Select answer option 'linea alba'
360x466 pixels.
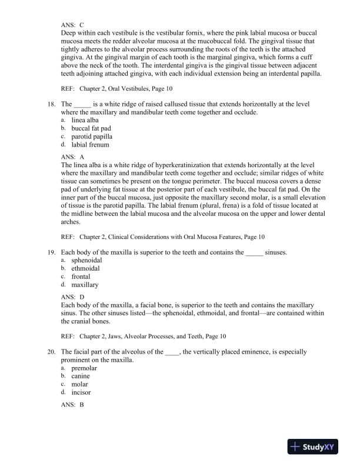[x=84, y=120]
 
